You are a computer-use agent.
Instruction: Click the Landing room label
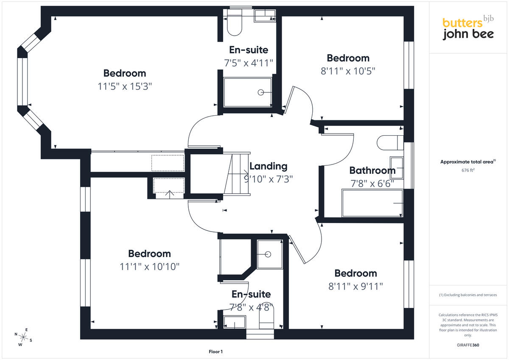pos(268,167)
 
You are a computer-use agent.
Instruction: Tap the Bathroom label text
pos(372,170)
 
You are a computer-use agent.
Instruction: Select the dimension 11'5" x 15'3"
pos(125,87)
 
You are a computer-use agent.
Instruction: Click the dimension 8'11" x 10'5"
pos(348,71)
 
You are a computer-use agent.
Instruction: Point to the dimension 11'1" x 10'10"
pos(149,267)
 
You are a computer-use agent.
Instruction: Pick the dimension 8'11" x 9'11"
pos(355,286)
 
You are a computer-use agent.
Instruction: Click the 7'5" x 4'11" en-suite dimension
pos(249,63)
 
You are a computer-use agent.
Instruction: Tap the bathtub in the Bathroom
pos(372,203)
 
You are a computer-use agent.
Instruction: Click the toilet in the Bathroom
pos(390,142)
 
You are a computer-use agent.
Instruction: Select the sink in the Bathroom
pos(397,167)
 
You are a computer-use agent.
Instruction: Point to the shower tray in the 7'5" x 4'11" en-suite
pos(248,92)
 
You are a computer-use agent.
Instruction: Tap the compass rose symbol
pos(23,337)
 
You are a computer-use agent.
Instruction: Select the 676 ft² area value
pos(468,170)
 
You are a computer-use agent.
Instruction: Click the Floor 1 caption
pos(215,352)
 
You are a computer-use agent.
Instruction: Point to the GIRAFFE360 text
pos(468,345)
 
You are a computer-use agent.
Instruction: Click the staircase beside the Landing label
pos(237,174)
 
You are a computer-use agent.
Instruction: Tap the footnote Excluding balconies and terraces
pos(468,295)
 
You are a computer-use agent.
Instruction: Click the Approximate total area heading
pos(468,162)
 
